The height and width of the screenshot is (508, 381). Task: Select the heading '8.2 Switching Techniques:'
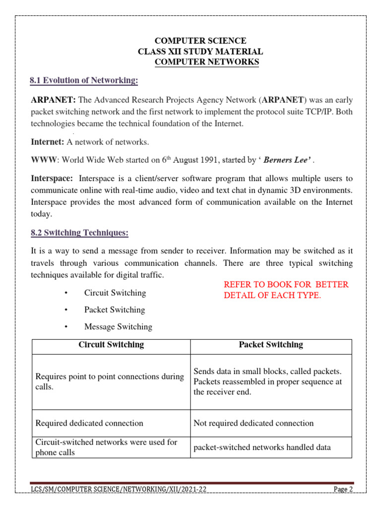point(79,233)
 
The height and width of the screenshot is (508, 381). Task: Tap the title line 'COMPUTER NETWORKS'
point(207,62)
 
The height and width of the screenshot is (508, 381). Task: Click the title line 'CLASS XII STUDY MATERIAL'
point(200,52)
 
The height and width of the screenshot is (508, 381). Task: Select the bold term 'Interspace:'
point(52,178)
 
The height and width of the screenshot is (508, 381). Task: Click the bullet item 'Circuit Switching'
point(115,293)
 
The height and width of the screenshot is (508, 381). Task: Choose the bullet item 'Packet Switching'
point(115,310)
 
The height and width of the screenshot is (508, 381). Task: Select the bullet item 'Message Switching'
point(118,326)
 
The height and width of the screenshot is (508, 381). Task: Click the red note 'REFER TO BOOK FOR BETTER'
point(286,284)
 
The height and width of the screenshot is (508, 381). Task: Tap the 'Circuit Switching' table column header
point(111,344)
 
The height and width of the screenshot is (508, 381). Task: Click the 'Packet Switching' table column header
point(271,344)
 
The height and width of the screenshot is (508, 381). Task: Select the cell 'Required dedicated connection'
point(89,423)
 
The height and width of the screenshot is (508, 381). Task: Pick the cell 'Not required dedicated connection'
point(254,423)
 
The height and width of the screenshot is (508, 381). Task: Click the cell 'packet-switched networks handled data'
point(262,447)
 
